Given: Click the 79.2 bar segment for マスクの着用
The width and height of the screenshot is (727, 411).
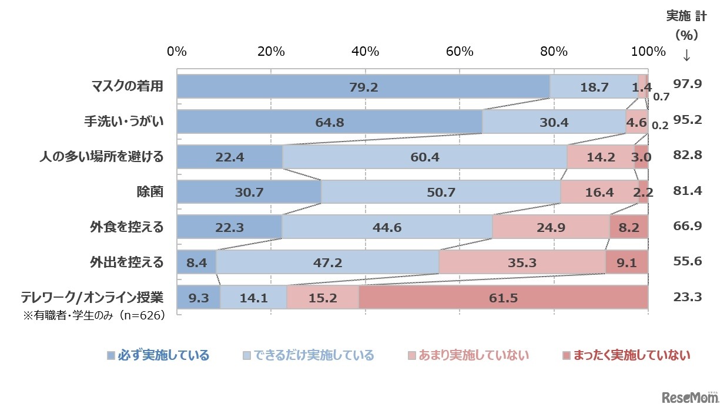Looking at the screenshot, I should [x=363, y=87].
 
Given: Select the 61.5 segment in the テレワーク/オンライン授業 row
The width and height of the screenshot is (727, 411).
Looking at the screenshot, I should [x=503, y=298].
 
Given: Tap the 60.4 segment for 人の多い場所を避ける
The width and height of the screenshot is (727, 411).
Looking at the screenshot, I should [x=424, y=157].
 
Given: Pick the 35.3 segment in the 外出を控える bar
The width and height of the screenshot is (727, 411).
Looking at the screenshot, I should [x=522, y=262].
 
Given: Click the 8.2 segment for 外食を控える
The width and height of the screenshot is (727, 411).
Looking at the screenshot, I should [x=629, y=227].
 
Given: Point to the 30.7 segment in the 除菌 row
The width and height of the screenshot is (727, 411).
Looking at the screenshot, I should [x=249, y=192].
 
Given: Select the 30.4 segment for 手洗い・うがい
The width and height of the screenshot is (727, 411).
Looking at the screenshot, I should [x=554, y=122].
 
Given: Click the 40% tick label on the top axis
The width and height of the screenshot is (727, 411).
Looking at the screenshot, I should [x=365, y=52].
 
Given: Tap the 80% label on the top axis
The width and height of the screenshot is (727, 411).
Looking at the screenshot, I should [x=554, y=52].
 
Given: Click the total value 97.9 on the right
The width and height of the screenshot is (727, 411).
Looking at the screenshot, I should [x=688, y=85].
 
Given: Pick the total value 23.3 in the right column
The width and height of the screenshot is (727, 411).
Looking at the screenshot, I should [x=688, y=297].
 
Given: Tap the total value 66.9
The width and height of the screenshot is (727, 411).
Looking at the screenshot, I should [x=688, y=226].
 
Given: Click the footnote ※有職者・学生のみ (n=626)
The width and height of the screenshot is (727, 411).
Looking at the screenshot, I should [x=93, y=315].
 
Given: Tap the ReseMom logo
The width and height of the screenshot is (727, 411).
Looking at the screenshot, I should [x=690, y=397].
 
